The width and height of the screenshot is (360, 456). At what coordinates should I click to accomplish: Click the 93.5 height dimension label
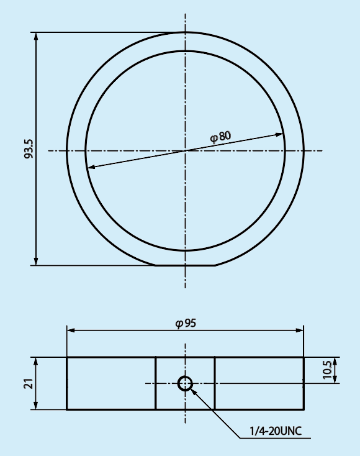point(29,149)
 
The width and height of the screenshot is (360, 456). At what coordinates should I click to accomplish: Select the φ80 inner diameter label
point(220,137)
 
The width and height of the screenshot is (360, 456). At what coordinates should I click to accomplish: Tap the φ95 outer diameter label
point(186,324)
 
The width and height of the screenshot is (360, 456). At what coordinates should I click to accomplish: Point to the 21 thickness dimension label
point(29,383)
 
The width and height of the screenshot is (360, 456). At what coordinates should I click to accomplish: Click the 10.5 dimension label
point(327,370)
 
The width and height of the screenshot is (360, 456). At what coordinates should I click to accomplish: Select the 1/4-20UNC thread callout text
point(276,431)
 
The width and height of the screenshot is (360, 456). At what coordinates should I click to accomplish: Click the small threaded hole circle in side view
point(185,383)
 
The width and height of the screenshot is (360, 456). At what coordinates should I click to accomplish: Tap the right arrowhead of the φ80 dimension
point(279,135)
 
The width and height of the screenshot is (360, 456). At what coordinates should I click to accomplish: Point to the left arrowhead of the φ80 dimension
point(91,167)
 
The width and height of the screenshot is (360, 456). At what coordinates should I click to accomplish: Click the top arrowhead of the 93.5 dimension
point(36,37)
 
